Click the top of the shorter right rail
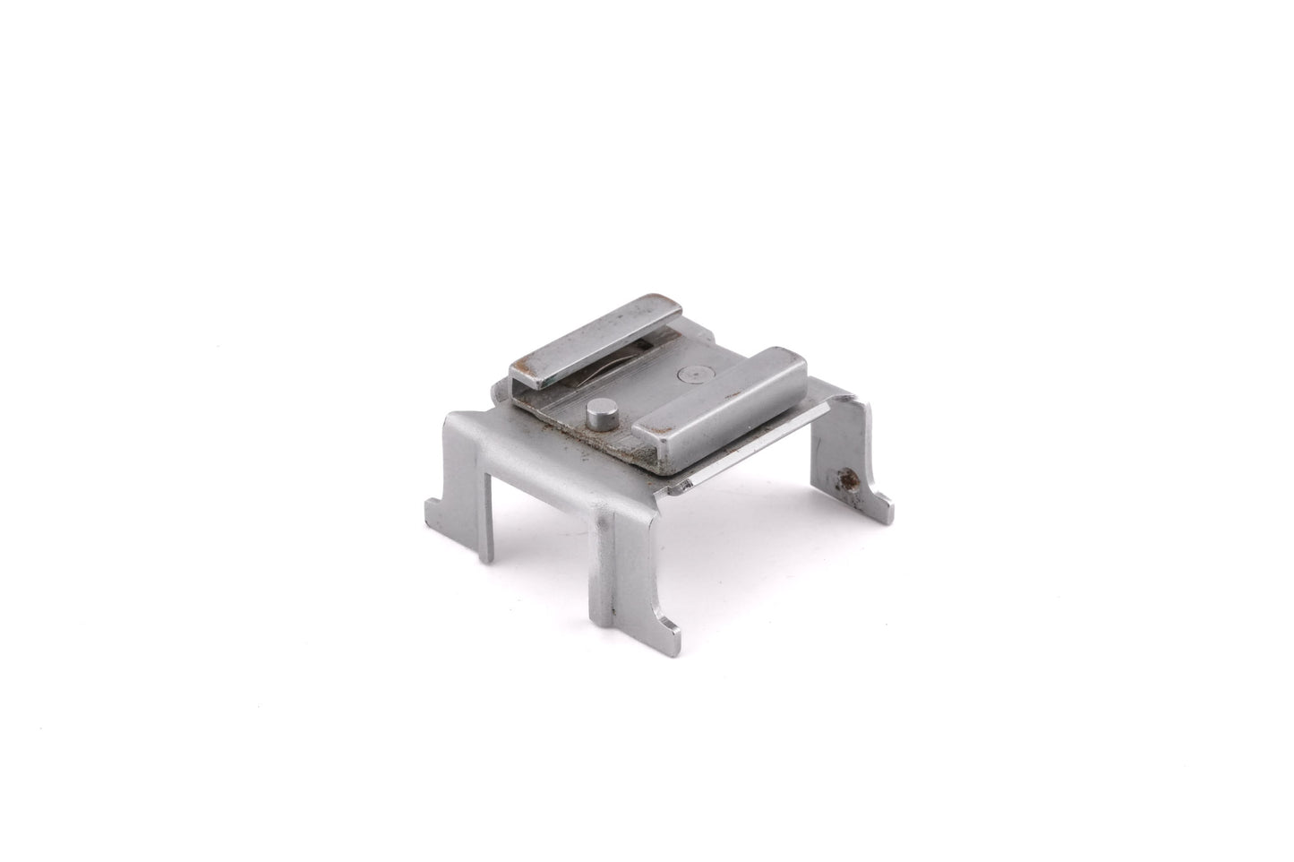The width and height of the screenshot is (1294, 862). (725, 394)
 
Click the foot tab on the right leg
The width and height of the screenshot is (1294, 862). (883, 504)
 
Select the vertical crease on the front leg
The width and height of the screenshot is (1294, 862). (614, 547)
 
